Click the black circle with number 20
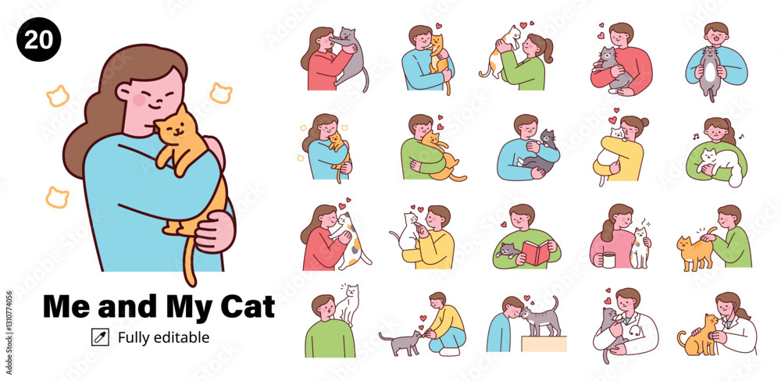(39, 39)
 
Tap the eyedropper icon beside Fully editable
(100, 337)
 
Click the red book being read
(536, 252)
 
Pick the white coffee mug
(608, 259)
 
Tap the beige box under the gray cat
(544, 344)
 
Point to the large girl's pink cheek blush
(139, 100)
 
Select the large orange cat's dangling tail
(188, 260)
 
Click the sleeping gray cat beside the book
(508, 250)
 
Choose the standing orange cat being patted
(696, 251)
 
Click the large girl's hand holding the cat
(215, 232)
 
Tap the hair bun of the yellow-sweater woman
(645, 122)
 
